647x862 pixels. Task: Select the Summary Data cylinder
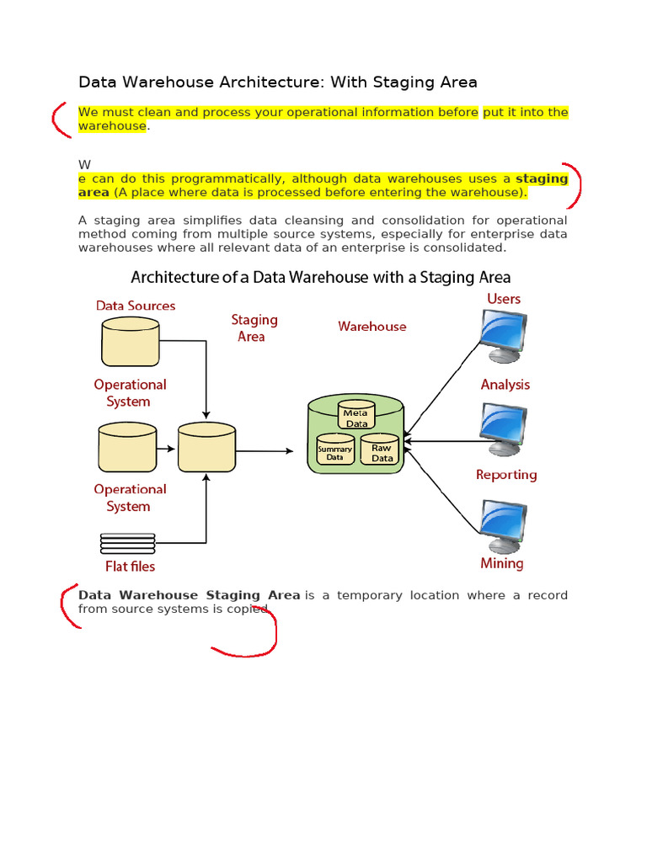pyautogui.click(x=334, y=451)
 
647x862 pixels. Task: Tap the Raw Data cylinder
pyautogui.click(x=382, y=451)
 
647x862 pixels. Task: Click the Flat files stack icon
pyautogui.click(x=127, y=541)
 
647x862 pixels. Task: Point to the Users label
pyautogui.click(x=504, y=299)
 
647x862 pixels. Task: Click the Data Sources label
pyautogui.click(x=136, y=306)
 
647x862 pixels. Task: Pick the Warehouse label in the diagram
pyautogui.click(x=372, y=327)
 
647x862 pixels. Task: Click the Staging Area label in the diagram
pyautogui.click(x=254, y=328)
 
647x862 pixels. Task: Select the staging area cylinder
pyautogui.click(x=206, y=447)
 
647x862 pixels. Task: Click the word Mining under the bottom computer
pyautogui.click(x=502, y=563)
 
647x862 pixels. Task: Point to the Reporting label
pyautogui.click(x=505, y=475)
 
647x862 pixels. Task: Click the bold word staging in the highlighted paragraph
pyautogui.click(x=542, y=179)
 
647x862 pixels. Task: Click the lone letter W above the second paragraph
pyautogui.click(x=83, y=164)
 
